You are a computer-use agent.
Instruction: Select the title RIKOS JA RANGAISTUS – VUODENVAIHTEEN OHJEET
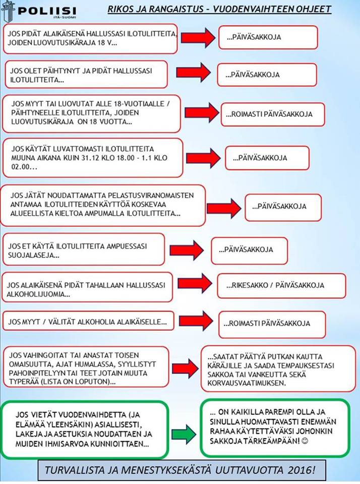219,9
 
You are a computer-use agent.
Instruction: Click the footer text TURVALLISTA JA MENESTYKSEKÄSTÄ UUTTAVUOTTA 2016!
179,470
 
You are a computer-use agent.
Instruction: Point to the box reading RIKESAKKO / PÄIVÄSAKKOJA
281,285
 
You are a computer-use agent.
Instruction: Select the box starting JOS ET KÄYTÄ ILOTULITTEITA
84,249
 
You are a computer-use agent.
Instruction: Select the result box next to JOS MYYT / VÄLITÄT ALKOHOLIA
272,323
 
